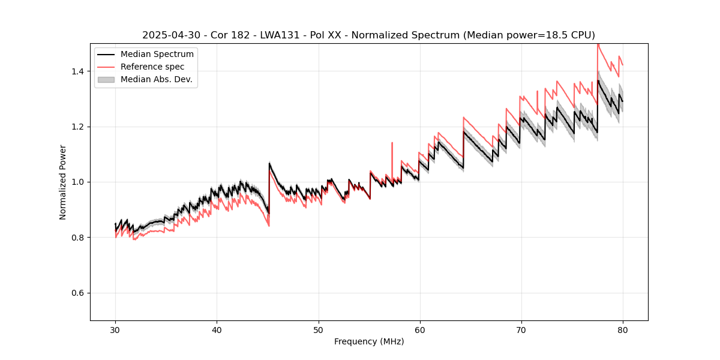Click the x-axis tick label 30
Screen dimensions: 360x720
115,329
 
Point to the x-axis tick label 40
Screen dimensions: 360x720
217,329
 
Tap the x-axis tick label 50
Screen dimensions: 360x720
318,329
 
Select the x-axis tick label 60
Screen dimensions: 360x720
419,329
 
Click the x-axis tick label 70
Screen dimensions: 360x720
521,329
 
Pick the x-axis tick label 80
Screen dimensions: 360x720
622,329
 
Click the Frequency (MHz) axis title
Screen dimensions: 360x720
369,341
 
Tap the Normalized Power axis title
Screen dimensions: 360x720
63,182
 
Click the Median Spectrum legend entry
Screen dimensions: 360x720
157,55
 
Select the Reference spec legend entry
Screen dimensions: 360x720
152,67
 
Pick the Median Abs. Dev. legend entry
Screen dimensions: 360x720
156,79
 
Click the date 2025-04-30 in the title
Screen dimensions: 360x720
168,35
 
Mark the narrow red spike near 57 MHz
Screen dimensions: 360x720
392,147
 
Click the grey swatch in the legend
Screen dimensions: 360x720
107,79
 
